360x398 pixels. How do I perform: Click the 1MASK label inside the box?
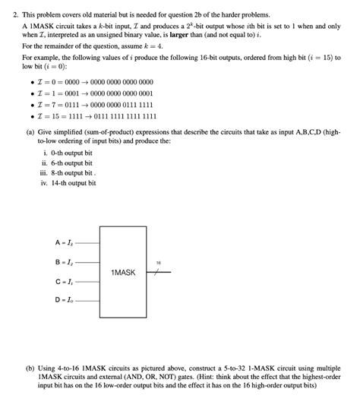coord(123,272)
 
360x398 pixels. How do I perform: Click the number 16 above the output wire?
coord(158,263)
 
